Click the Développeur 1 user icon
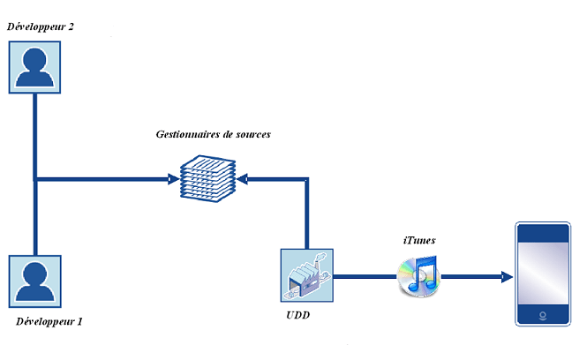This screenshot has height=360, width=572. (34, 281)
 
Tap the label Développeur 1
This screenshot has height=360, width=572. (49, 322)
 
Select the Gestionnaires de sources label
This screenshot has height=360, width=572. (213, 134)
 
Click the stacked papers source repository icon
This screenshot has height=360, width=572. (207, 176)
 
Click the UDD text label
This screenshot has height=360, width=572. (297, 316)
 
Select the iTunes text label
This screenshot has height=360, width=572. (419, 240)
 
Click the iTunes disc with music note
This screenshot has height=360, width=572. (418, 276)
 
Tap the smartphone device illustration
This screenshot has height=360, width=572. (542, 275)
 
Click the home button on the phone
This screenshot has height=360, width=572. (542, 313)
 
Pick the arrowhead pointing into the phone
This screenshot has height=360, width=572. (507, 276)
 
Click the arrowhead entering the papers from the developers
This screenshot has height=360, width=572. (172, 179)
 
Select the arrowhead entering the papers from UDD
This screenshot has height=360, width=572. (244, 179)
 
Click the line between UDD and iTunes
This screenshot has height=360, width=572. (364, 276)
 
